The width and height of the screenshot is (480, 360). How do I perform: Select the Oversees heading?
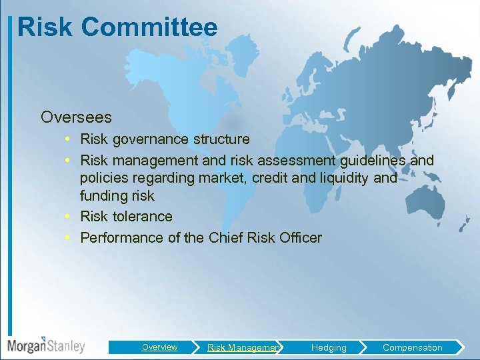pos(76,117)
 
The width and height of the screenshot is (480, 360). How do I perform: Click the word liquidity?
pos(343,178)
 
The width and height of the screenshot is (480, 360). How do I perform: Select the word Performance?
pos(116,237)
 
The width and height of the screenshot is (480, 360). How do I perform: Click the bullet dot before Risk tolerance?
pos(69,217)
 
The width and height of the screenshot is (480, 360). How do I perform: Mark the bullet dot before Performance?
pos(69,237)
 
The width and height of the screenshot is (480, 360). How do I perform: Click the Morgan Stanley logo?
pos(46,345)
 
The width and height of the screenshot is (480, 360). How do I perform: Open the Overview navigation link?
pos(159,347)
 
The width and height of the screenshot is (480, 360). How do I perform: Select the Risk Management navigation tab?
pos(243,347)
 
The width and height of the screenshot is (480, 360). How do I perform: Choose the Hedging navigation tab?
pos(329,347)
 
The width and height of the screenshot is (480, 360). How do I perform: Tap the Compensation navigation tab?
pos(412,347)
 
